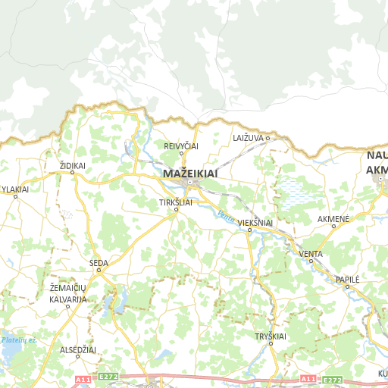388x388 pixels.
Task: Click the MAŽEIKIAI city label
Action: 190,174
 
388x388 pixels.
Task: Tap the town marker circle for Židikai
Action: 73,173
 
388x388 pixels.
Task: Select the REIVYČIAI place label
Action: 182,145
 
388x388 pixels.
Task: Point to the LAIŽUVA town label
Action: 248,138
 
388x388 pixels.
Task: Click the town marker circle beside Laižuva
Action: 268,138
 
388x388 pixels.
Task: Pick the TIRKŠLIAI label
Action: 176,202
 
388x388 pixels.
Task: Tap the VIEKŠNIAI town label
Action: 255,223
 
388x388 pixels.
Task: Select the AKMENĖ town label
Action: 333,219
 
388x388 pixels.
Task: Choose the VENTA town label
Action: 311,253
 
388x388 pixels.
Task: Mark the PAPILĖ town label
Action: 347,279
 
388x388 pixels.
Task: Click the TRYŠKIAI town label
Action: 271,336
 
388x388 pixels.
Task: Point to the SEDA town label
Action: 99,263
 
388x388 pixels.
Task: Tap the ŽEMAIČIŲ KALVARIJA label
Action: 68,294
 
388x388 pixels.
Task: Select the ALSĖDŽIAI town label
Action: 78,350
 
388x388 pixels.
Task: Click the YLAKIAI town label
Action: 15,189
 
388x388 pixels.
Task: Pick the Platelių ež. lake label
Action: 19,340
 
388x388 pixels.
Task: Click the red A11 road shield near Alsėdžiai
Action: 83,378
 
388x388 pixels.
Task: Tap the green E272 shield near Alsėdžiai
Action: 108,376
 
